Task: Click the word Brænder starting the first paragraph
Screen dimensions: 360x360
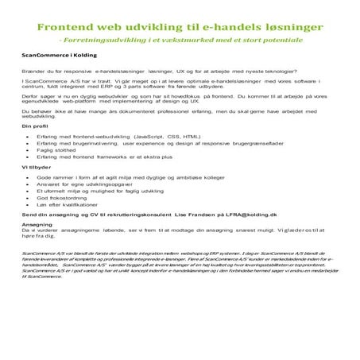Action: pos(37,72)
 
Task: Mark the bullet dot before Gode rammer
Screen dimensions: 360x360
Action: pos(27,199)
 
